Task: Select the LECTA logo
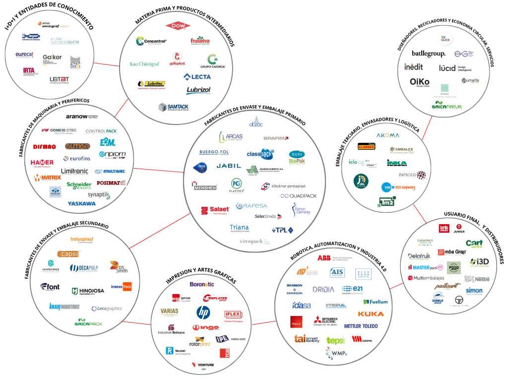[197, 76]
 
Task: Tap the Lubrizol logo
[198, 90]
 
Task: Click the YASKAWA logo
[82, 203]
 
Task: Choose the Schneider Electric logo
[79, 185]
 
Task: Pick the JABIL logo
[228, 166]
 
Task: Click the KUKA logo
[371, 314]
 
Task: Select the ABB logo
[324, 258]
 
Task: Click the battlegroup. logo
[429, 54]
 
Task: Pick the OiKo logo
[420, 82]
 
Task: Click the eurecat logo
[24, 54]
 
